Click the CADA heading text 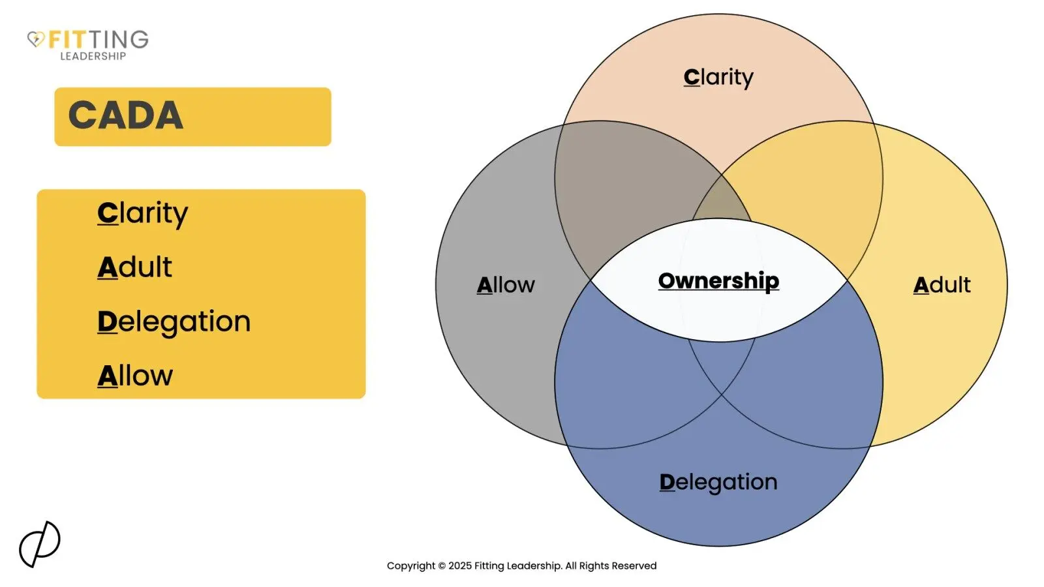point(126,115)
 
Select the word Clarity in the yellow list point(143,213)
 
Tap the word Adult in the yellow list point(135,267)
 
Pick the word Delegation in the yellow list point(174,322)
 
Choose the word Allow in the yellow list point(135,376)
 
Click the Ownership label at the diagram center point(718,280)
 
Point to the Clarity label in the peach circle point(718,77)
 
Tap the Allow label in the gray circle point(506,285)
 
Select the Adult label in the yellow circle point(942,285)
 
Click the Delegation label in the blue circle point(718,482)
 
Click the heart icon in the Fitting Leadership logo point(36,39)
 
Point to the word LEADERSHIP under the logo point(93,57)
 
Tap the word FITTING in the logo point(99,39)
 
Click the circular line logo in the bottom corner point(39,544)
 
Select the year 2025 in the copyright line point(459,566)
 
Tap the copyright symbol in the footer point(442,566)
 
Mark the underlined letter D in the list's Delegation point(106,322)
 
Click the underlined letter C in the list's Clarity point(107,213)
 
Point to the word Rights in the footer point(593,566)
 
